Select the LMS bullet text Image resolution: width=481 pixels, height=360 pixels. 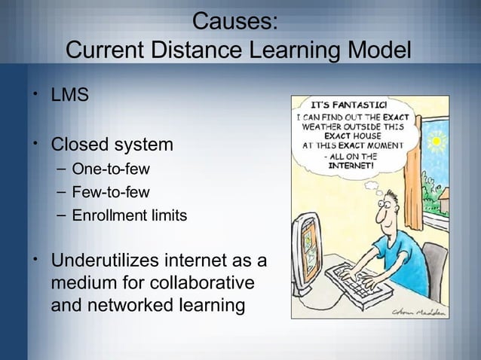click(69, 97)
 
